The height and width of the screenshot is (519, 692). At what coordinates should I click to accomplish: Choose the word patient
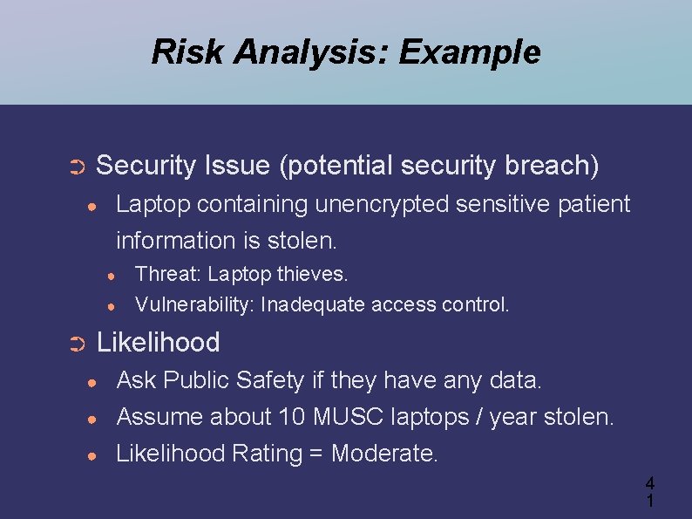point(590,204)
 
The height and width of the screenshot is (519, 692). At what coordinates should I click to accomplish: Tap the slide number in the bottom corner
point(649,492)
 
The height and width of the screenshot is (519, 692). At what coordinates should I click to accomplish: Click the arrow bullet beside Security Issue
point(76,166)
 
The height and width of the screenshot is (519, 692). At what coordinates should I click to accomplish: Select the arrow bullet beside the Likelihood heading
point(76,344)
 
